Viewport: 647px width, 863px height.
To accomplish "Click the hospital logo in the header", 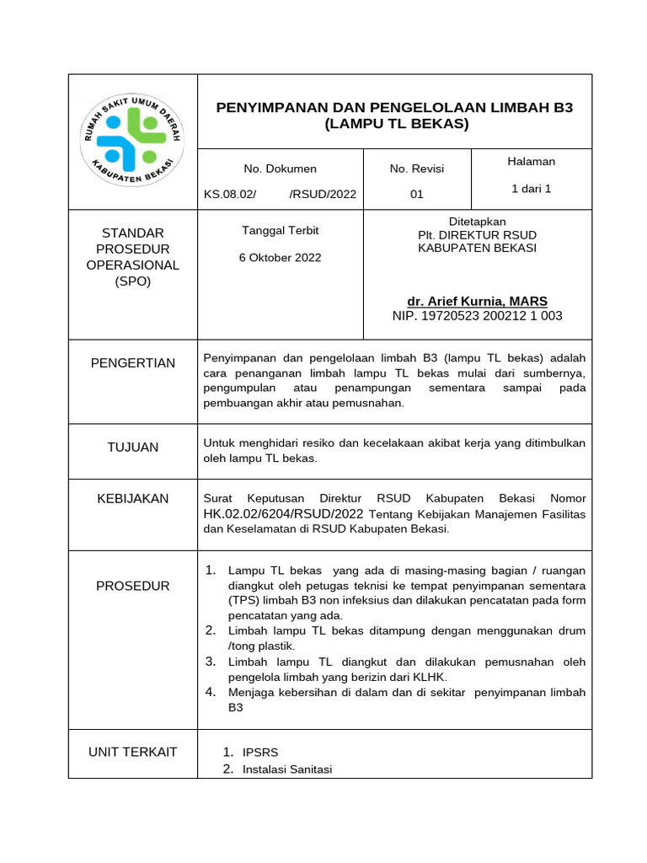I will tap(133, 140).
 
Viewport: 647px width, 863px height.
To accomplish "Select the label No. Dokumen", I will tap(280, 169).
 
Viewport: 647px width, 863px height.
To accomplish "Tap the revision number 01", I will tap(416, 194).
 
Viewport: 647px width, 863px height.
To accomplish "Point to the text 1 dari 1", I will tap(531, 189).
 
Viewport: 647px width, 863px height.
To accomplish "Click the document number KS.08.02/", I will tap(229, 194).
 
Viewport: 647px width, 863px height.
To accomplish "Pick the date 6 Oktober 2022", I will tap(281, 258).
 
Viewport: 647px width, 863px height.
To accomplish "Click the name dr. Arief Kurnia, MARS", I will tap(477, 301).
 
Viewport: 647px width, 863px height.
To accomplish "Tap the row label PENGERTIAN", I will tap(133, 363).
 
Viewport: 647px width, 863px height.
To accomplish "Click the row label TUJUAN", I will tap(133, 447).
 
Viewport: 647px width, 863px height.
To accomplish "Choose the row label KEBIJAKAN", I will tap(133, 498).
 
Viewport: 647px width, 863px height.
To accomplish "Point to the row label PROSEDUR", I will tap(133, 586).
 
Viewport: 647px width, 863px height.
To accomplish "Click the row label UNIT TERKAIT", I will tap(133, 751).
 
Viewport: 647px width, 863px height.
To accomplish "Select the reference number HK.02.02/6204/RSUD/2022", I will tap(283, 513).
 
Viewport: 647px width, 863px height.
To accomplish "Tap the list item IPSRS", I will tap(259, 752).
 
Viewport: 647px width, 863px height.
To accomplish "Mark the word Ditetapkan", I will tap(477, 221).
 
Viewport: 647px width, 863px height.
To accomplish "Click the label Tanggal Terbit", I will tap(281, 230).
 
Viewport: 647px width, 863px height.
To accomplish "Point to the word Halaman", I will tap(531, 161).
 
